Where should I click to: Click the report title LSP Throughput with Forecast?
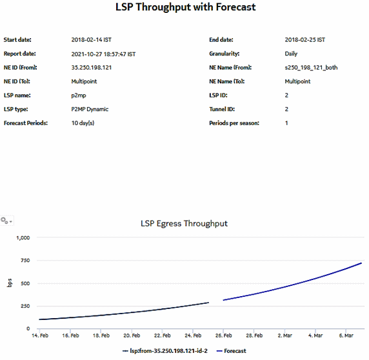coord(184,8)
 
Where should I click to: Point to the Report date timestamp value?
coord(103,54)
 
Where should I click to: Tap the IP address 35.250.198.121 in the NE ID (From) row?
coord(92,68)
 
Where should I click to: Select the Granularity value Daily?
coord(291,54)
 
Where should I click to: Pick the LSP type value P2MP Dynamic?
coord(90,109)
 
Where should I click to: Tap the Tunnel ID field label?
coord(223,109)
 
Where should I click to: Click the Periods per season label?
coord(234,123)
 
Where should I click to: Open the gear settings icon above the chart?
coord(6,221)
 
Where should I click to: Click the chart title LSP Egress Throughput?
coord(184,224)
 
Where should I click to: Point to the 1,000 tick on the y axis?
coord(23,238)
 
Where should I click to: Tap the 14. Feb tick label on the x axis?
coord(39,335)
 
